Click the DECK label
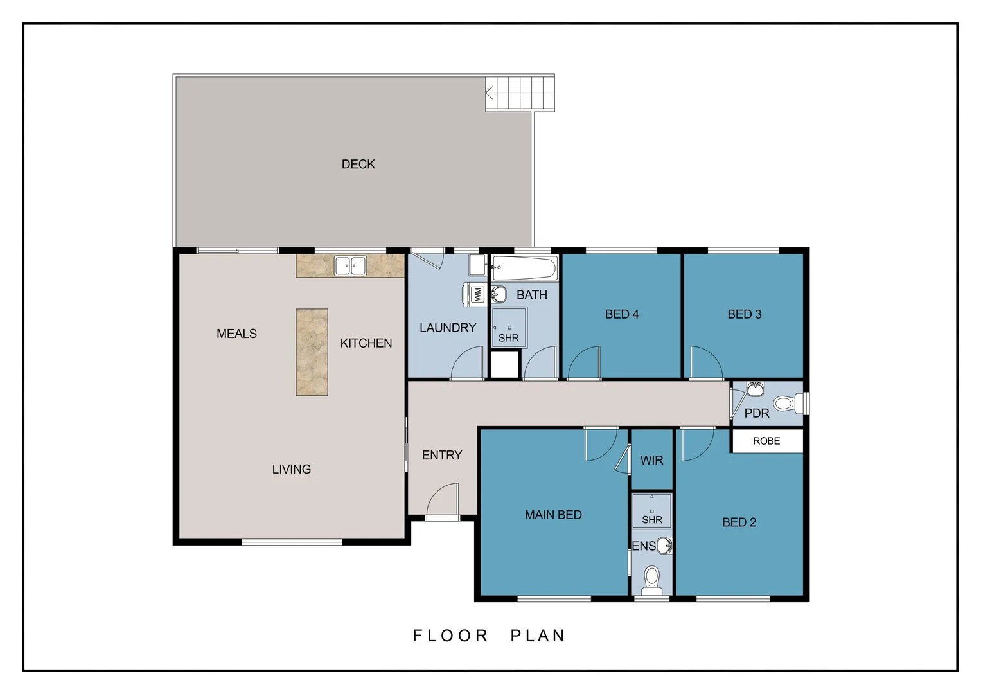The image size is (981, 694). (x=358, y=165)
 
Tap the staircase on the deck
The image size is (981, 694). (x=519, y=93)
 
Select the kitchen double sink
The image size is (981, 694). (x=350, y=265)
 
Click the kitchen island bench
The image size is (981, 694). (x=312, y=352)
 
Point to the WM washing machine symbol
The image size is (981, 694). (x=477, y=294)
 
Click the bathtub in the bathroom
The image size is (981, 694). (x=524, y=267)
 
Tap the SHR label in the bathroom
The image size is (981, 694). (x=508, y=338)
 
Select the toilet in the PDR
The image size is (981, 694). (x=785, y=404)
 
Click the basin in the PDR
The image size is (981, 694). (x=756, y=389)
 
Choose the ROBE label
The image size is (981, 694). (x=766, y=441)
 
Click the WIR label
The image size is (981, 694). (x=651, y=461)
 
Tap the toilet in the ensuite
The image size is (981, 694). (x=652, y=578)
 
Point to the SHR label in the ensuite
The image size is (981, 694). (x=651, y=520)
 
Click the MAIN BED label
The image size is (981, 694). (x=553, y=515)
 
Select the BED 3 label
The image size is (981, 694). (x=744, y=315)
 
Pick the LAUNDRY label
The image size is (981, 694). (x=448, y=328)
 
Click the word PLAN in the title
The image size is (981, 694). (x=538, y=636)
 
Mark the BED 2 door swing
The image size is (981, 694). (x=696, y=445)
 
